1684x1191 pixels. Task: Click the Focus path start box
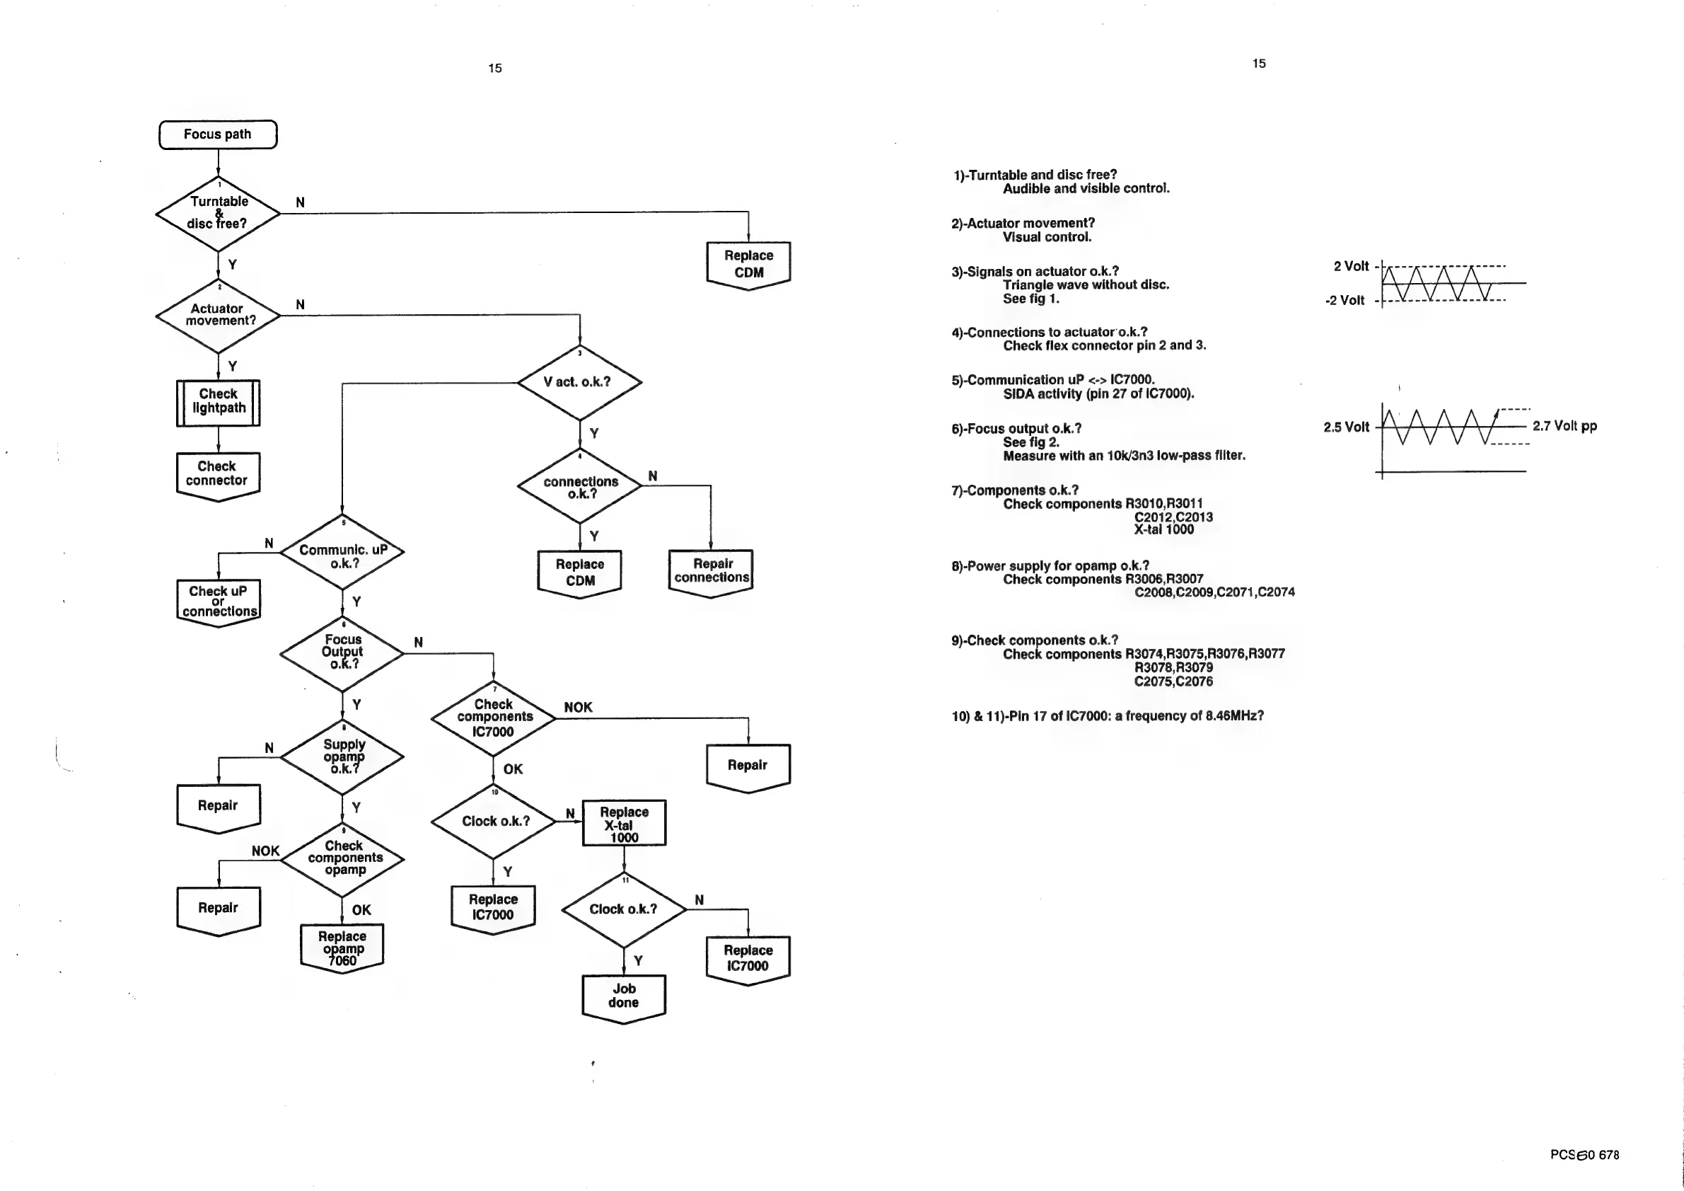tap(218, 134)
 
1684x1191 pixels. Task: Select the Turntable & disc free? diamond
tap(218, 214)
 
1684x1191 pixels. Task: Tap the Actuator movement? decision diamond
tap(218, 316)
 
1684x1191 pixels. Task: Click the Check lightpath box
tap(218, 402)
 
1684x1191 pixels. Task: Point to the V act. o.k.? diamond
tap(579, 381)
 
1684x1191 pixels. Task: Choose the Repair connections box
tap(711, 572)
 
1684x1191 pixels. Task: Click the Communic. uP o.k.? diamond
tap(342, 553)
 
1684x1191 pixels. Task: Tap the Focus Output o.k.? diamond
tap(342, 652)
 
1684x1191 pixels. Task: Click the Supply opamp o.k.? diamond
tap(342, 756)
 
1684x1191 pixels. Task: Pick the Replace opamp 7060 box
tap(342, 948)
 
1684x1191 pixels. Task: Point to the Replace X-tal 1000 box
tap(625, 823)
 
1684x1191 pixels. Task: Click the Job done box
tap(623, 996)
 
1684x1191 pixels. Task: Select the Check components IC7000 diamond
tap(494, 718)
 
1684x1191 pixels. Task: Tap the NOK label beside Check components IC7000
tap(578, 708)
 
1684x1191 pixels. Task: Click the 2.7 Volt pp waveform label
tap(1564, 426)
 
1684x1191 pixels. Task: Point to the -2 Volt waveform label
tap(1345, 300)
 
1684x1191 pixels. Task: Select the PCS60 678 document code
tap(1584, 1154)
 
